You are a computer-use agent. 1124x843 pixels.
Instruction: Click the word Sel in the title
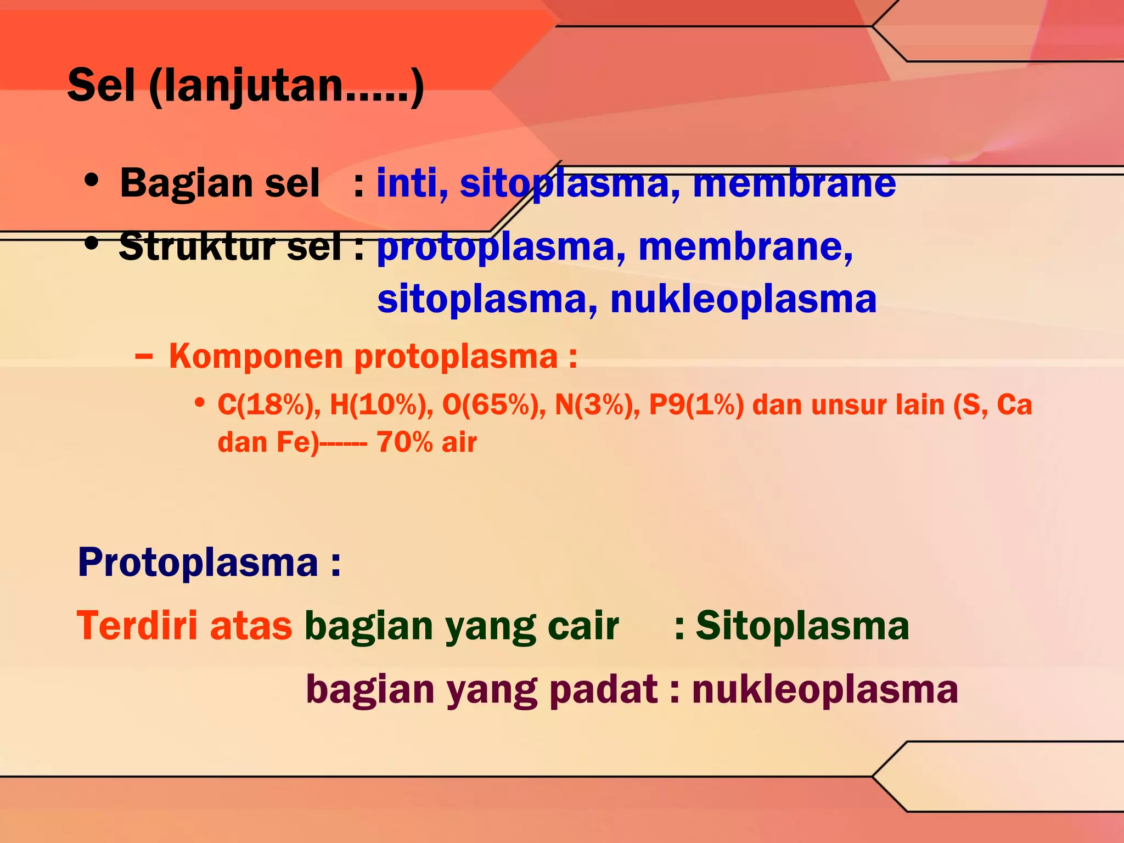tap(101, 85)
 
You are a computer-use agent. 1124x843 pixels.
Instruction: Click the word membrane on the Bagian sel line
tap(794, 183)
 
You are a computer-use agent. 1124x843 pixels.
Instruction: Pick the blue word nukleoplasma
tap(743, 299)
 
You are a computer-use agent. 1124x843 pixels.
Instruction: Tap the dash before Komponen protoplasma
tap(144, 357)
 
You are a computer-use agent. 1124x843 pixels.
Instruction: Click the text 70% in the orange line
tap(405, 442)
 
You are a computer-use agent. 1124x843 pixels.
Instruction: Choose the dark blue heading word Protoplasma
tap(198, 563)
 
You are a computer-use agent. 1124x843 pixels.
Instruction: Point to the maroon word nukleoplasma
tap(825, 689)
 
